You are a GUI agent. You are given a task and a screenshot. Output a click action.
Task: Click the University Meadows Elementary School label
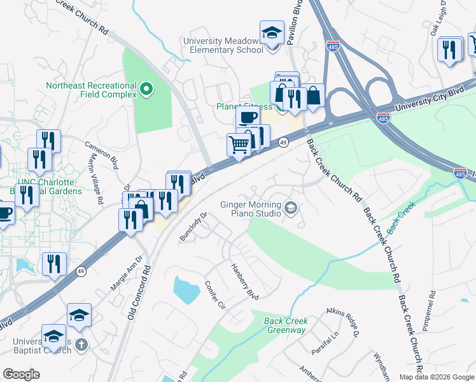tap(223, 45)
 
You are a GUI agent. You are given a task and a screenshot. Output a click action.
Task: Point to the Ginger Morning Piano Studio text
tap(250, 209)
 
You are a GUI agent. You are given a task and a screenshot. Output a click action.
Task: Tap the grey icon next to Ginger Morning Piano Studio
tap(291, 208)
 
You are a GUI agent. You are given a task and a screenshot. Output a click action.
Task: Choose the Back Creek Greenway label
tap(285, 325)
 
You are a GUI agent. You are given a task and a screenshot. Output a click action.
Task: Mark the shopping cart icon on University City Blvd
tap(239, 145)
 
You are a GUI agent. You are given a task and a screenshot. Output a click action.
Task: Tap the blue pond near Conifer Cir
tap(186, 290)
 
